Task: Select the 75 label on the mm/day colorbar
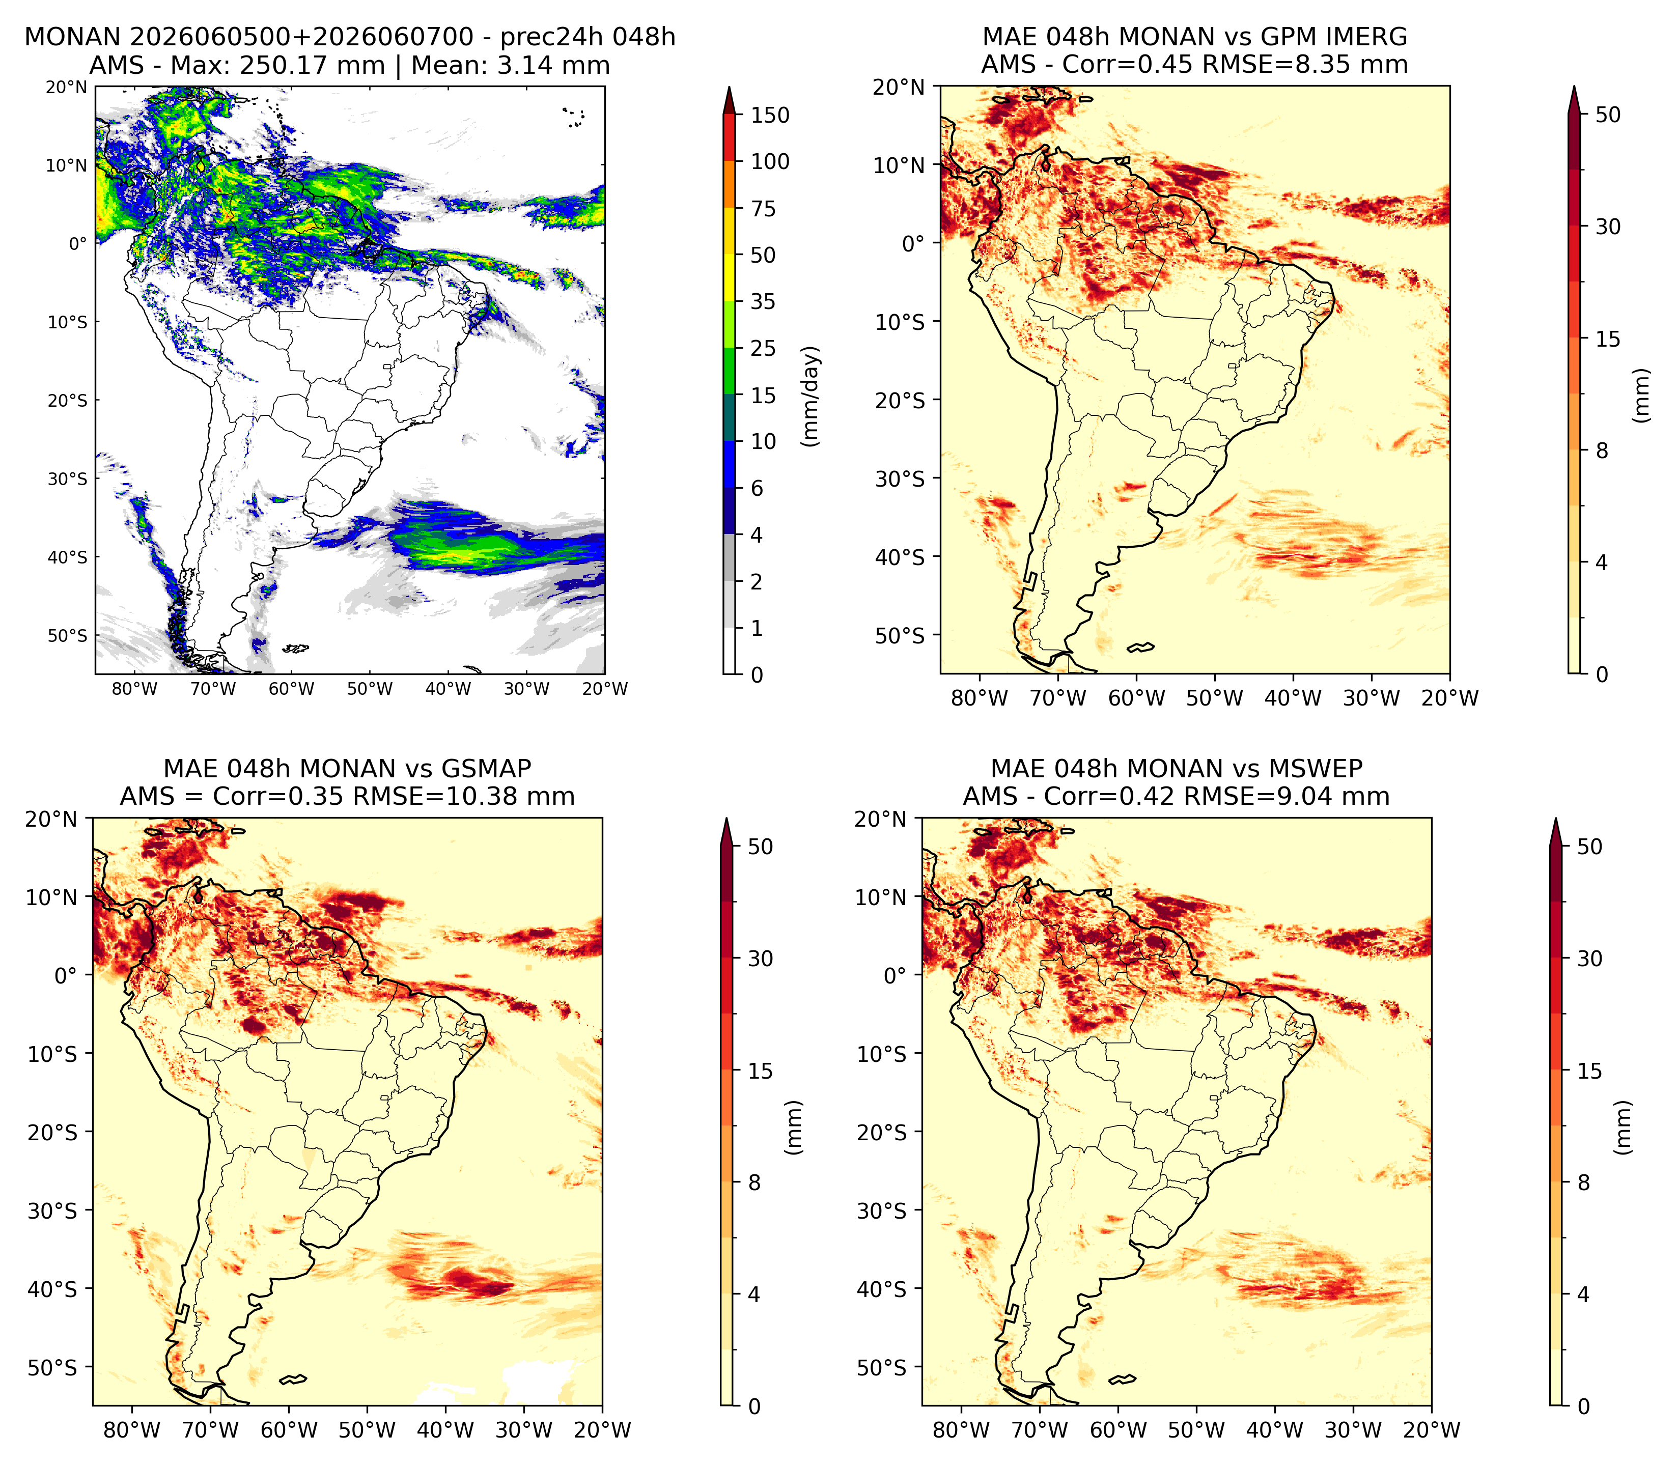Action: pyautogui.click(x=764, y=208)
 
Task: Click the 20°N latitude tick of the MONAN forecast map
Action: pyautogui.click(x=66, y=88)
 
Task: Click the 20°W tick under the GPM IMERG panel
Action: pyautogui.click(x=1450, y=698)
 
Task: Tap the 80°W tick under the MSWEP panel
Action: pyautogui.click(x=961, y=1430)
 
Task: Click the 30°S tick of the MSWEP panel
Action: pyautogui.click(x=882, y=1210)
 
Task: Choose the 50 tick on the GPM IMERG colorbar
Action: pyautogui.click(x=1608, y=115)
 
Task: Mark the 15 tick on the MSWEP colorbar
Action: pyautogui.click(x=1589, y=1070)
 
